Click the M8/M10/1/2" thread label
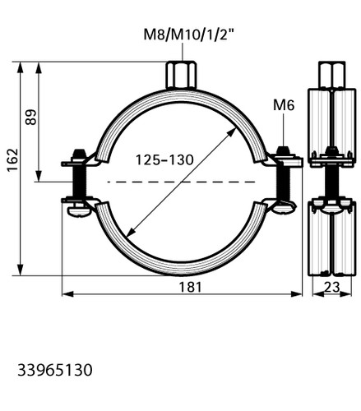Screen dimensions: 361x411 click(x=189, y=35)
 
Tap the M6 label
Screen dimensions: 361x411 click(x=284, y=105)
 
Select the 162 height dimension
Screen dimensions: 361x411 click(x=12, y=160)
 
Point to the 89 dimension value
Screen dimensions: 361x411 click(x=30, y=118)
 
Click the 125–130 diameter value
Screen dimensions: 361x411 click(x=164, y=159)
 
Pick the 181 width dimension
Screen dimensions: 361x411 click(x=190, y=287)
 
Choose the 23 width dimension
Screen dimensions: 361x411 click(x=332, y=287)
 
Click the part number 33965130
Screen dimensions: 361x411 click(x=55, y=370)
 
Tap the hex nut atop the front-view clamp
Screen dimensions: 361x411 click(x=181, y=75)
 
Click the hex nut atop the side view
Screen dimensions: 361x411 click(x=331, y=75)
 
